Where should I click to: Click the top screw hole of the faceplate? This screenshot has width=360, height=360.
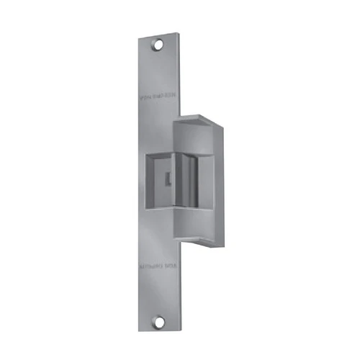coord(157,45)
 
